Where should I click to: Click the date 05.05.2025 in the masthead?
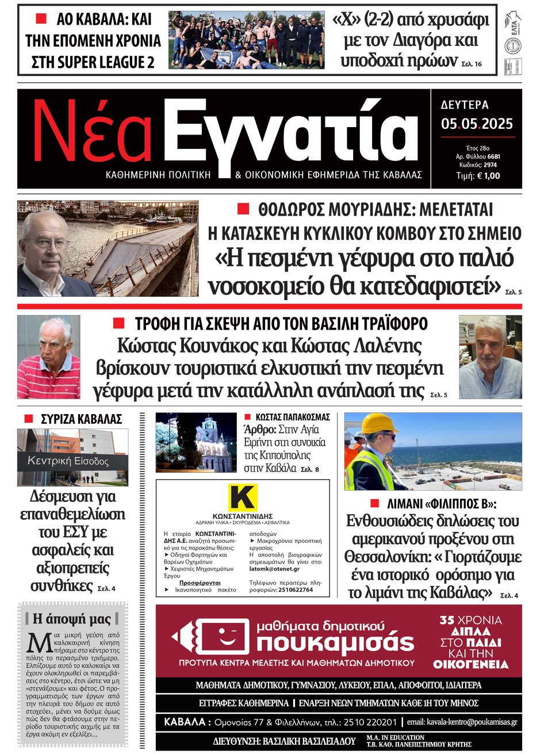[x=477, y=124]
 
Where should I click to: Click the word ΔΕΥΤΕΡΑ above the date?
[x=465, y=105]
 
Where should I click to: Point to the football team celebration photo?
[x=246, y=40]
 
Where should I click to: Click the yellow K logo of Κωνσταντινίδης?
[x=242, y=497]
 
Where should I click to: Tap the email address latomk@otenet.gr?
[x=274, y=569]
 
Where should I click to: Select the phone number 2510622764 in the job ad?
[x=296, y=590]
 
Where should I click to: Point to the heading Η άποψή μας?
[x=72, y=619]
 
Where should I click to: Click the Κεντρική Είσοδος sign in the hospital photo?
[x=68, y=461]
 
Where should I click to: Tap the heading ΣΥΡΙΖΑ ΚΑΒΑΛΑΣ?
[x=81, y=419]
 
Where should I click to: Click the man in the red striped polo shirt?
[x=49, y=358]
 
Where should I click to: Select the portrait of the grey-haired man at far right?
[x=490, y=357]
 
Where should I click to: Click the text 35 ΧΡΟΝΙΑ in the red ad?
[x=470, y=620]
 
